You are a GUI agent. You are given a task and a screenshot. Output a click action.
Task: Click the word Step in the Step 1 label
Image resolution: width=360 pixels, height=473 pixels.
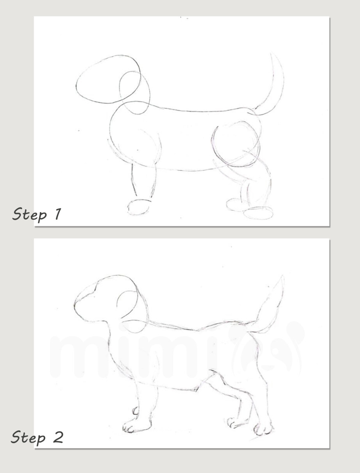(x=29, y=214)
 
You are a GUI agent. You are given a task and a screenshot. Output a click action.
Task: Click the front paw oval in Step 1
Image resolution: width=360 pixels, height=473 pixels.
(x=139, y=207)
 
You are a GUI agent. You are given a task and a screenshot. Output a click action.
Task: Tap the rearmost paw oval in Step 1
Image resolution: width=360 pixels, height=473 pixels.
(x=258, y=213)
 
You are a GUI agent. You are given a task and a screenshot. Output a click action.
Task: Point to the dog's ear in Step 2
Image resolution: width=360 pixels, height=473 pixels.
(x=129, y=305)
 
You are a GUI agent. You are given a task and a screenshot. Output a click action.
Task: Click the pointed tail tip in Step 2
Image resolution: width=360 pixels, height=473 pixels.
(x=281, y=277)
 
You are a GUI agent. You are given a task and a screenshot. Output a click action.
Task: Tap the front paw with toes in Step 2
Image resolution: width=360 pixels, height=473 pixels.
(x=133, y=427)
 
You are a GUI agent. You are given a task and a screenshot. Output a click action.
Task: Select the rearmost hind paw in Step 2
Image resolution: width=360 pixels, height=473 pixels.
(x=263, y=429)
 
